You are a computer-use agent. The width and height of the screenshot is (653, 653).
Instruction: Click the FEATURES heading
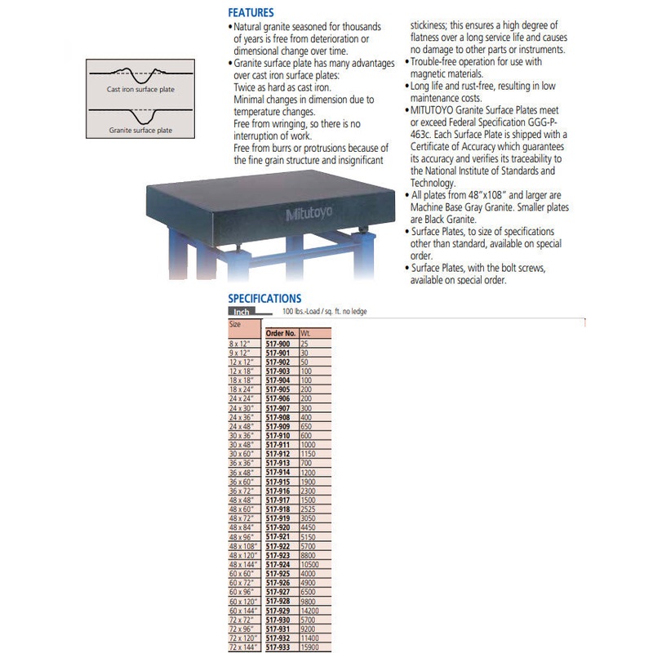pyautogui.click(x=251, y=13)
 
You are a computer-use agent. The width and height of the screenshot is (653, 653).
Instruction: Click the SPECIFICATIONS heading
pyautogui.click(x=264, y=299)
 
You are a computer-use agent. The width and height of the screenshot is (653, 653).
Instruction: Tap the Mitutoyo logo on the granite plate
pyautogui.click(x=311, y=215)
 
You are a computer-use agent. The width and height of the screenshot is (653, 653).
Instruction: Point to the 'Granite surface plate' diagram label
pyautogui.click(x=140, y=130)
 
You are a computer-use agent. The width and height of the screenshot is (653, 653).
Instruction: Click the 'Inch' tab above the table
pyautogui.click(x=242, y=312)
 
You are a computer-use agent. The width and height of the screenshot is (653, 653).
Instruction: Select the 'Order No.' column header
pyautogui.click(x=281, y=334)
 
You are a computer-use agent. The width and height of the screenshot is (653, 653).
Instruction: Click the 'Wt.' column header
pyautogui.click(x=306, y=334)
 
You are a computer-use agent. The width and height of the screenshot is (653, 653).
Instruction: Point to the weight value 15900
pyautogui.click(x=310, y=647)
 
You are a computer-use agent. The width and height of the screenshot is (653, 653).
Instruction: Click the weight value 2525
pyautogui.click(x=309, y=509)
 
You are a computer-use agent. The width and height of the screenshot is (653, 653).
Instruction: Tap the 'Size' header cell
pyautogui.click(x=236, y=324)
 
